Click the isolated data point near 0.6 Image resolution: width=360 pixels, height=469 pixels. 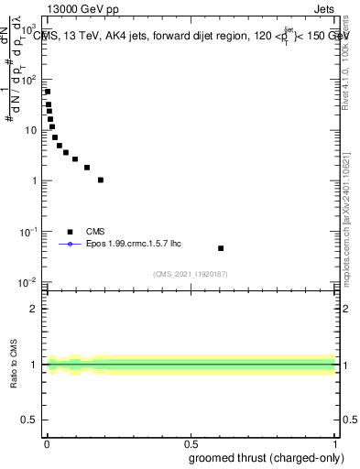coord(221,248)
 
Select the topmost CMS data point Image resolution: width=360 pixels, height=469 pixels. coord(48,92)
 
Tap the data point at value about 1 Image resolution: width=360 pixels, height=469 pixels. coord(101,180)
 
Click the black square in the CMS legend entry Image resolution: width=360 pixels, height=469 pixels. coord(70,232)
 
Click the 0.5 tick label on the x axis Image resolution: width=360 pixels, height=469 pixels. coord(191,442)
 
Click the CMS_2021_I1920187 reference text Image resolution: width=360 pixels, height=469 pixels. coord(191,274)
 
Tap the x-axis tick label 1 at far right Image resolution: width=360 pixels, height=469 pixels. coord(335,442)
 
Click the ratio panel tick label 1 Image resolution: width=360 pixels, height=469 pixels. coord(36,365)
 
